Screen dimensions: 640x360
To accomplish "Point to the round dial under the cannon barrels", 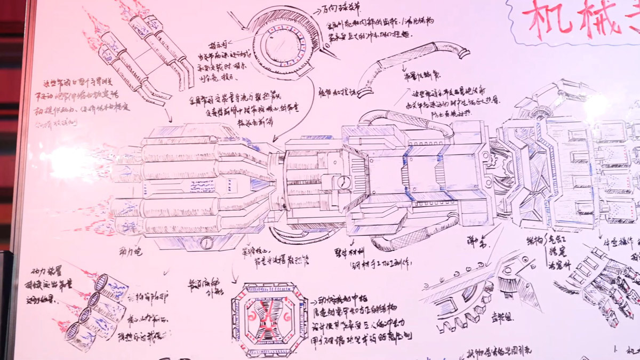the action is [x=207, y=243].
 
